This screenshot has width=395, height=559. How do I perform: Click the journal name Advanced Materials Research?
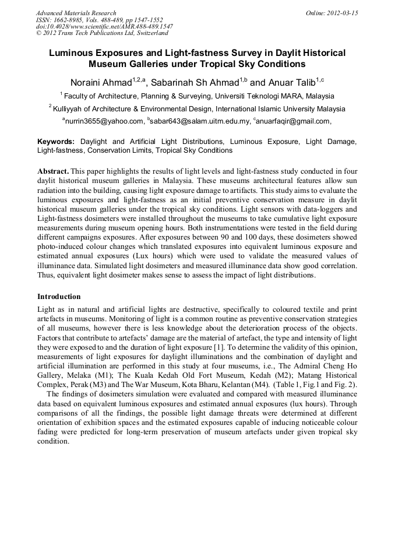tap(76, 13)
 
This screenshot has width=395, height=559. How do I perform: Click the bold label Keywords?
tap(56, 142)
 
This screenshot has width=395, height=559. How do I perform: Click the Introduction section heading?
tap(59, 297)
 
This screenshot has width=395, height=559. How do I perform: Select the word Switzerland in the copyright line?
tap(151, 33)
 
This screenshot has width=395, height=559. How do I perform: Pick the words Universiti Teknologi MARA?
tap(258, 96)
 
